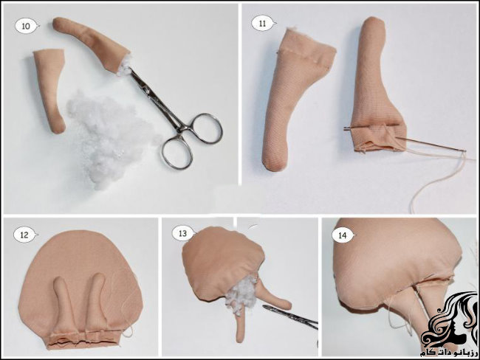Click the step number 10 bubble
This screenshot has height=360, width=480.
tap(27, 26)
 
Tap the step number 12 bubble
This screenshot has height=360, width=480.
tap(25, 235)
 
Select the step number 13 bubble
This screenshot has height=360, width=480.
tap(183, 233)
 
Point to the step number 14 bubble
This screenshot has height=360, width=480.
tap(343, 235)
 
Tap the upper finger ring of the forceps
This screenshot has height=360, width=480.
tap(206, 128)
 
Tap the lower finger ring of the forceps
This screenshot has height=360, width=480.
tap(177, 153)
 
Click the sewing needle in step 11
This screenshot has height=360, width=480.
tap(404, 139)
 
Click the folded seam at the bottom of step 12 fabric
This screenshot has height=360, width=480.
tap(84, 339)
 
